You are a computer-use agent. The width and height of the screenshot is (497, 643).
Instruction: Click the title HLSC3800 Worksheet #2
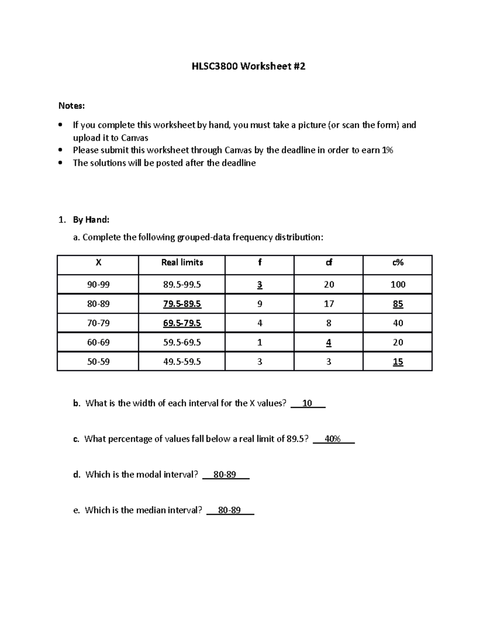point(248,66)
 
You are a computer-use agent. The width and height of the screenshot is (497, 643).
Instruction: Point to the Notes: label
point(71,106)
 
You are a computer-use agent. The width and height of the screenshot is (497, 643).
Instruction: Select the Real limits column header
point(182,262)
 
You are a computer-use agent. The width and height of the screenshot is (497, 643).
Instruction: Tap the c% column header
point(398,262)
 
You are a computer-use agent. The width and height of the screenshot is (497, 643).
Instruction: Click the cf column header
point(328,262)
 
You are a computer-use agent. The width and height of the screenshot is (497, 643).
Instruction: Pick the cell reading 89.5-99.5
point(182,284)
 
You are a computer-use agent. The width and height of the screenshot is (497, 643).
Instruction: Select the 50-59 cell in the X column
point(98,361)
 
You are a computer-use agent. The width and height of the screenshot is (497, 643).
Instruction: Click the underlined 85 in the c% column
point(398,304)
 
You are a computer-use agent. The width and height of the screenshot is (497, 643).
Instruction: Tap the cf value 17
point(328,304)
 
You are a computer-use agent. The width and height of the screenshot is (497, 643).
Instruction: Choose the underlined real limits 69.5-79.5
point(182,323)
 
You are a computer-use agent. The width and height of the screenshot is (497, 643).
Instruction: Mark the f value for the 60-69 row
point(260,342)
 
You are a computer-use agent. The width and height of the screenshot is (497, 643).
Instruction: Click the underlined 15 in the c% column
point(398,362)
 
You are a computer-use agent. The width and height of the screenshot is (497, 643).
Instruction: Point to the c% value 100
point(398,284)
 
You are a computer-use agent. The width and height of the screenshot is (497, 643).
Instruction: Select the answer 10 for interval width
point(307,403)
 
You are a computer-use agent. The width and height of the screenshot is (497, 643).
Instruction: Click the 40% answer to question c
point(333,439)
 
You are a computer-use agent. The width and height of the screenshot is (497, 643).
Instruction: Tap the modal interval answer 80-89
point(224,474)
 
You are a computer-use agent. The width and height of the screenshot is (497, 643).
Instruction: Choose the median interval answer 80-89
point(229,510)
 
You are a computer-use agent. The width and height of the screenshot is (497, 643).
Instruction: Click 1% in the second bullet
point(387,150)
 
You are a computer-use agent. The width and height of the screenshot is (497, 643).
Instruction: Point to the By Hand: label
point(91,219)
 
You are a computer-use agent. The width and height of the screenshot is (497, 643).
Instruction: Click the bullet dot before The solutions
point(61,163)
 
